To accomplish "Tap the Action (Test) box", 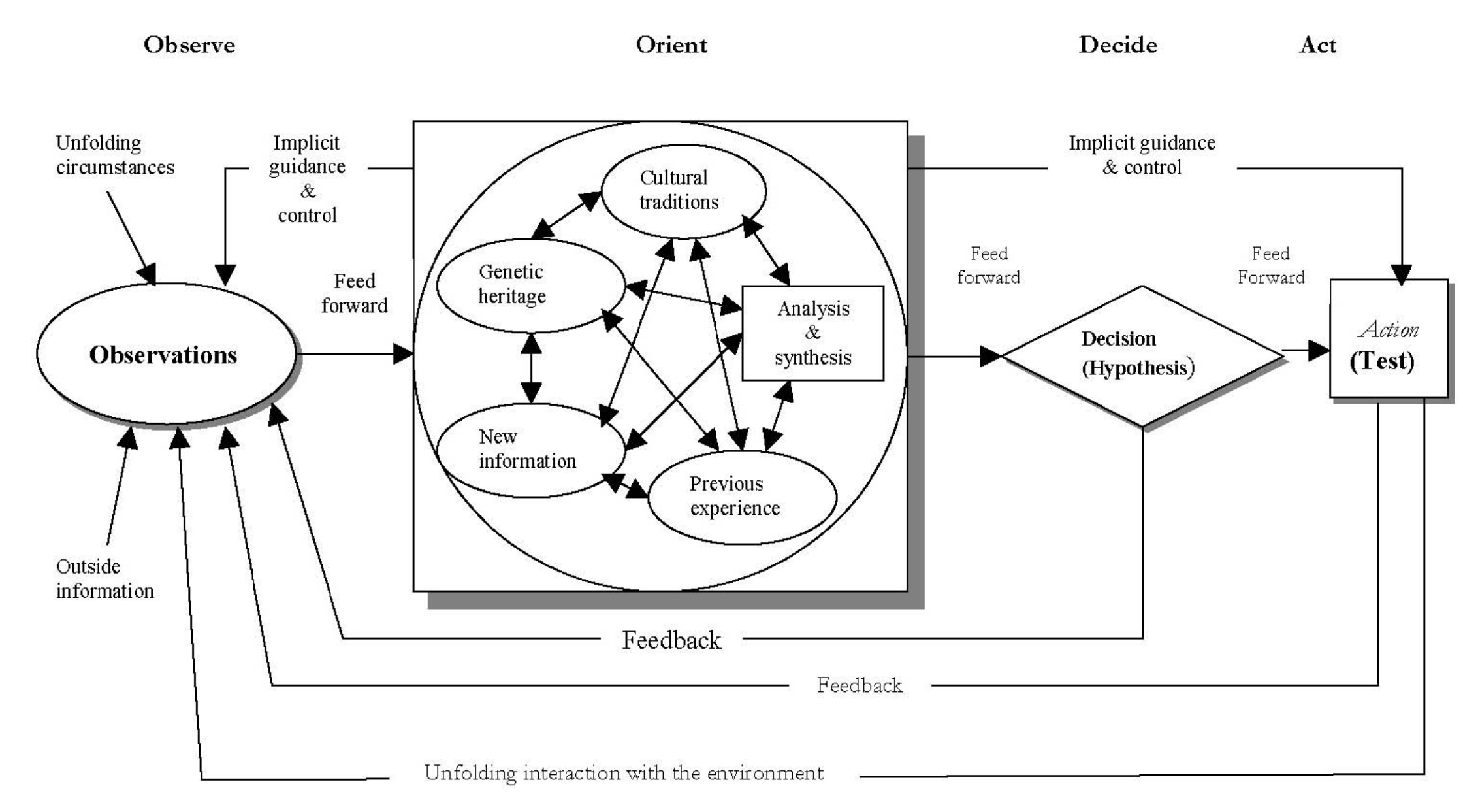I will point(1388,340).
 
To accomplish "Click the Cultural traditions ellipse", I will point(683,190).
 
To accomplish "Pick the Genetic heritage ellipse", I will point(530,285).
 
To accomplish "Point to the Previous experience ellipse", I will point(742,497).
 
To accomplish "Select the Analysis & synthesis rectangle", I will point(812,333).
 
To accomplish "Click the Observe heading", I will point(189,45).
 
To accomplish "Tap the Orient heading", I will point(671,45).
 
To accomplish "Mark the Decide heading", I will point(1117,45).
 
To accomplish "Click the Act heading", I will point(1317,45).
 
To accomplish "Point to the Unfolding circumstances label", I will point(115,155).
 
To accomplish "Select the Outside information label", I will point(104,578).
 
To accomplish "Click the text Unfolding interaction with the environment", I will point(624,774).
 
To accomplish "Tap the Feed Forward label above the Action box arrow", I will point(1271,265).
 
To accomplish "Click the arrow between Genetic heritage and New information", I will point(531,368).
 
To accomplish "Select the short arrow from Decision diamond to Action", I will point(1306,351).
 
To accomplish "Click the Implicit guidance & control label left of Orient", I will point(307,178).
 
